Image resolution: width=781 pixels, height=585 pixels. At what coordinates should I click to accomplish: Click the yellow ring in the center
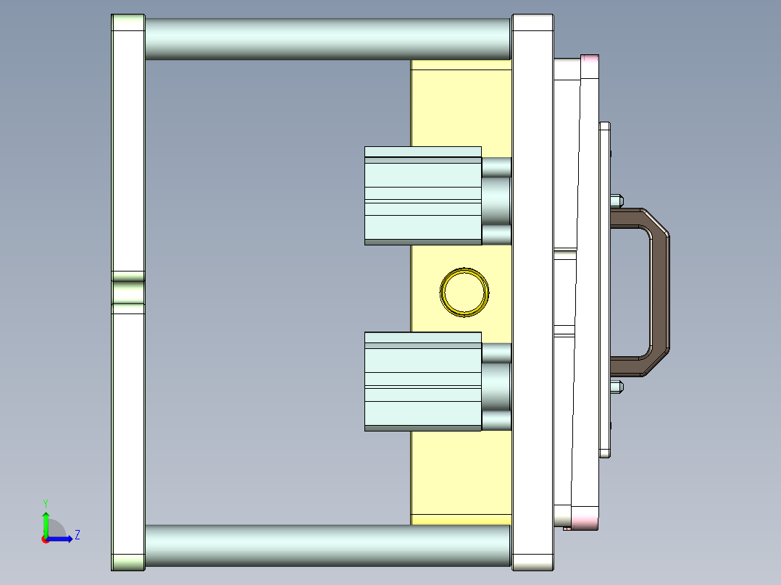pyautogui.click(x=464, y=275)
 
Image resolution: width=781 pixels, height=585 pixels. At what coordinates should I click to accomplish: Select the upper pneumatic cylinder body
pyautogui.click(x=422, y=195)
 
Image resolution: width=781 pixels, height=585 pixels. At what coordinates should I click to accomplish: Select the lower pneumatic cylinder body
pyautogui.click(x=422, y=382)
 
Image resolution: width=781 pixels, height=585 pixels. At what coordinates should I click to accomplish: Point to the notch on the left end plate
pyautogui.click(x=128, y=287)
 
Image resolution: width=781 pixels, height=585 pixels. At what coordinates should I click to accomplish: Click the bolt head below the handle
pyautogui.click(x=617, y=387)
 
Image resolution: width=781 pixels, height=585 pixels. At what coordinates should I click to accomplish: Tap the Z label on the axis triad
pyautogui.click(x=77, y=535)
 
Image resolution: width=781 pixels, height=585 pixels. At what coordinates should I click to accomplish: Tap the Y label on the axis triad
pyautogui.click(x=45, y=502)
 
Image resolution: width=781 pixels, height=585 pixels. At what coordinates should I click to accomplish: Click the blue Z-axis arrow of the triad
pyautogui.click(x=62, y=539)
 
